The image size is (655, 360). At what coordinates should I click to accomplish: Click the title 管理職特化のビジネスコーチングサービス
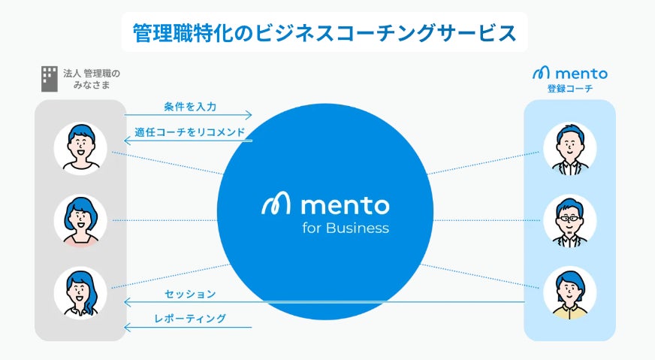(x=324, y=33)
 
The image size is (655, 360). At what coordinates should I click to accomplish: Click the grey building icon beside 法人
(x=49, y=78)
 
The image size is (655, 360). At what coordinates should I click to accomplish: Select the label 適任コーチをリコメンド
(x=189, y=132)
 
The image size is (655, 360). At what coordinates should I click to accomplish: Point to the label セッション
(x=190, y=293)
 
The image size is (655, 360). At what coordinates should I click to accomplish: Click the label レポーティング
(x=190, y=319)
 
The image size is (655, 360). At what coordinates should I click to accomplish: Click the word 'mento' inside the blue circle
(x=344, y=204)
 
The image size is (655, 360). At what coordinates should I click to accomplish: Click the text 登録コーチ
(x=569, y=89)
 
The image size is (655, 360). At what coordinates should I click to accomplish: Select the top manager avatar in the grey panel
(x=80, y=147)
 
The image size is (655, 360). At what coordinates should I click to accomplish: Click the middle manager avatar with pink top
(x=80, y=221)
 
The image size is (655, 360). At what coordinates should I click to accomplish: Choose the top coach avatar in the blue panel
(x=569, y=147)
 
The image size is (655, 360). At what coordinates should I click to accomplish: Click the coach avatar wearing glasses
(x=569, y=221)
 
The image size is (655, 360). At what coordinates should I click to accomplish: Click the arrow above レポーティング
(x=323, y=302)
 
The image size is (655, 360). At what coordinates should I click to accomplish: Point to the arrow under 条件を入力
(x=188, y=116)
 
